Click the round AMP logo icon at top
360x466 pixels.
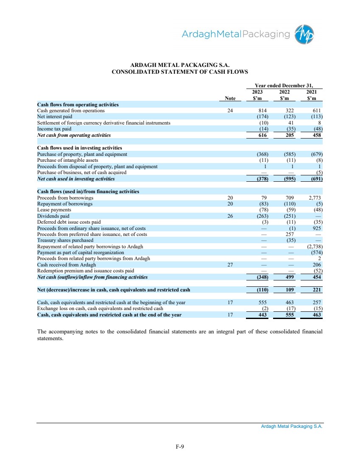pyautogui.click(x=306, y=33)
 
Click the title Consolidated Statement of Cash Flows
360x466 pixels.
pyautogui.click(x=179, y=72)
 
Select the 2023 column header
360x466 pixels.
pyautogui.click(x=257, y=92)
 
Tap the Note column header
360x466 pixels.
pyautogui.click(x=230, y=98)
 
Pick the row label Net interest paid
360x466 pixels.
pyautogui.click(x=55, y=116)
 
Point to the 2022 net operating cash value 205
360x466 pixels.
pyautogui.click(x=290, y=135)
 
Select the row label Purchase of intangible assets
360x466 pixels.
pyautogui.click(x=68, y=160)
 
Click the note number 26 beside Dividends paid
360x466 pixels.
pyautogui.click(x=230, y=216)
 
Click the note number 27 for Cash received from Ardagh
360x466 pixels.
pyautogui.click(x=230, y=265)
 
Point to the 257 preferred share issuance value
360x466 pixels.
pyautogui.click(x=290, y=234)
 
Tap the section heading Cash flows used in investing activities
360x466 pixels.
pyautogui.click(x=80, y=148)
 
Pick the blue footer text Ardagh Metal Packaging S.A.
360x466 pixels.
pyautogui.click(x=292, y=427)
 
